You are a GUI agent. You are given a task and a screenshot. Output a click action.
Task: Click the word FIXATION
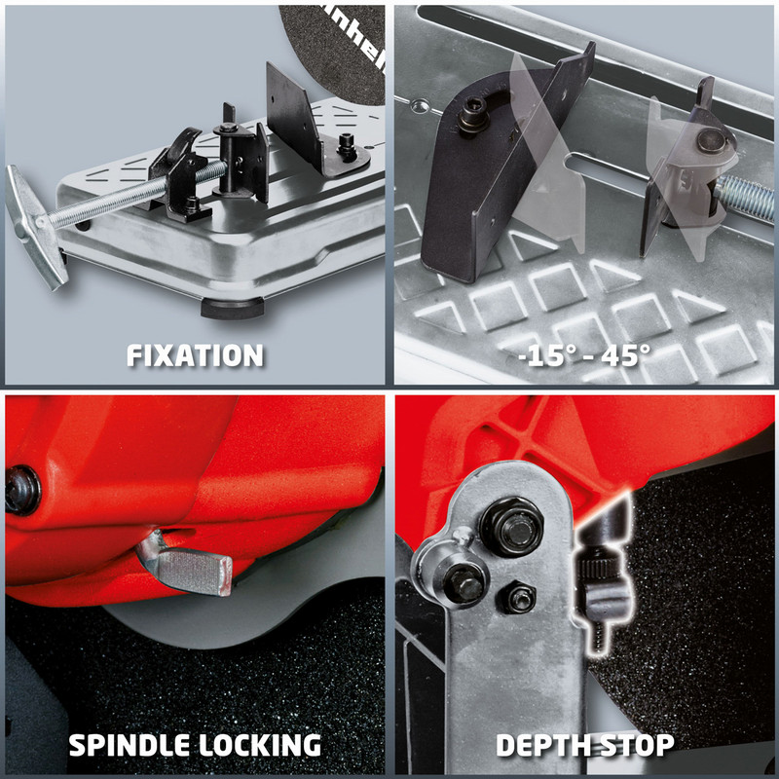(x=195, y=355)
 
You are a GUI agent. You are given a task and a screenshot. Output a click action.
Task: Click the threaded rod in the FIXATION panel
(x=117, y=203)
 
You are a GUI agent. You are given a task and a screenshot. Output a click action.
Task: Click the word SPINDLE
(x=130, y=746)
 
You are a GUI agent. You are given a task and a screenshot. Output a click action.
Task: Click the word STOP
(x=638, y=746)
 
